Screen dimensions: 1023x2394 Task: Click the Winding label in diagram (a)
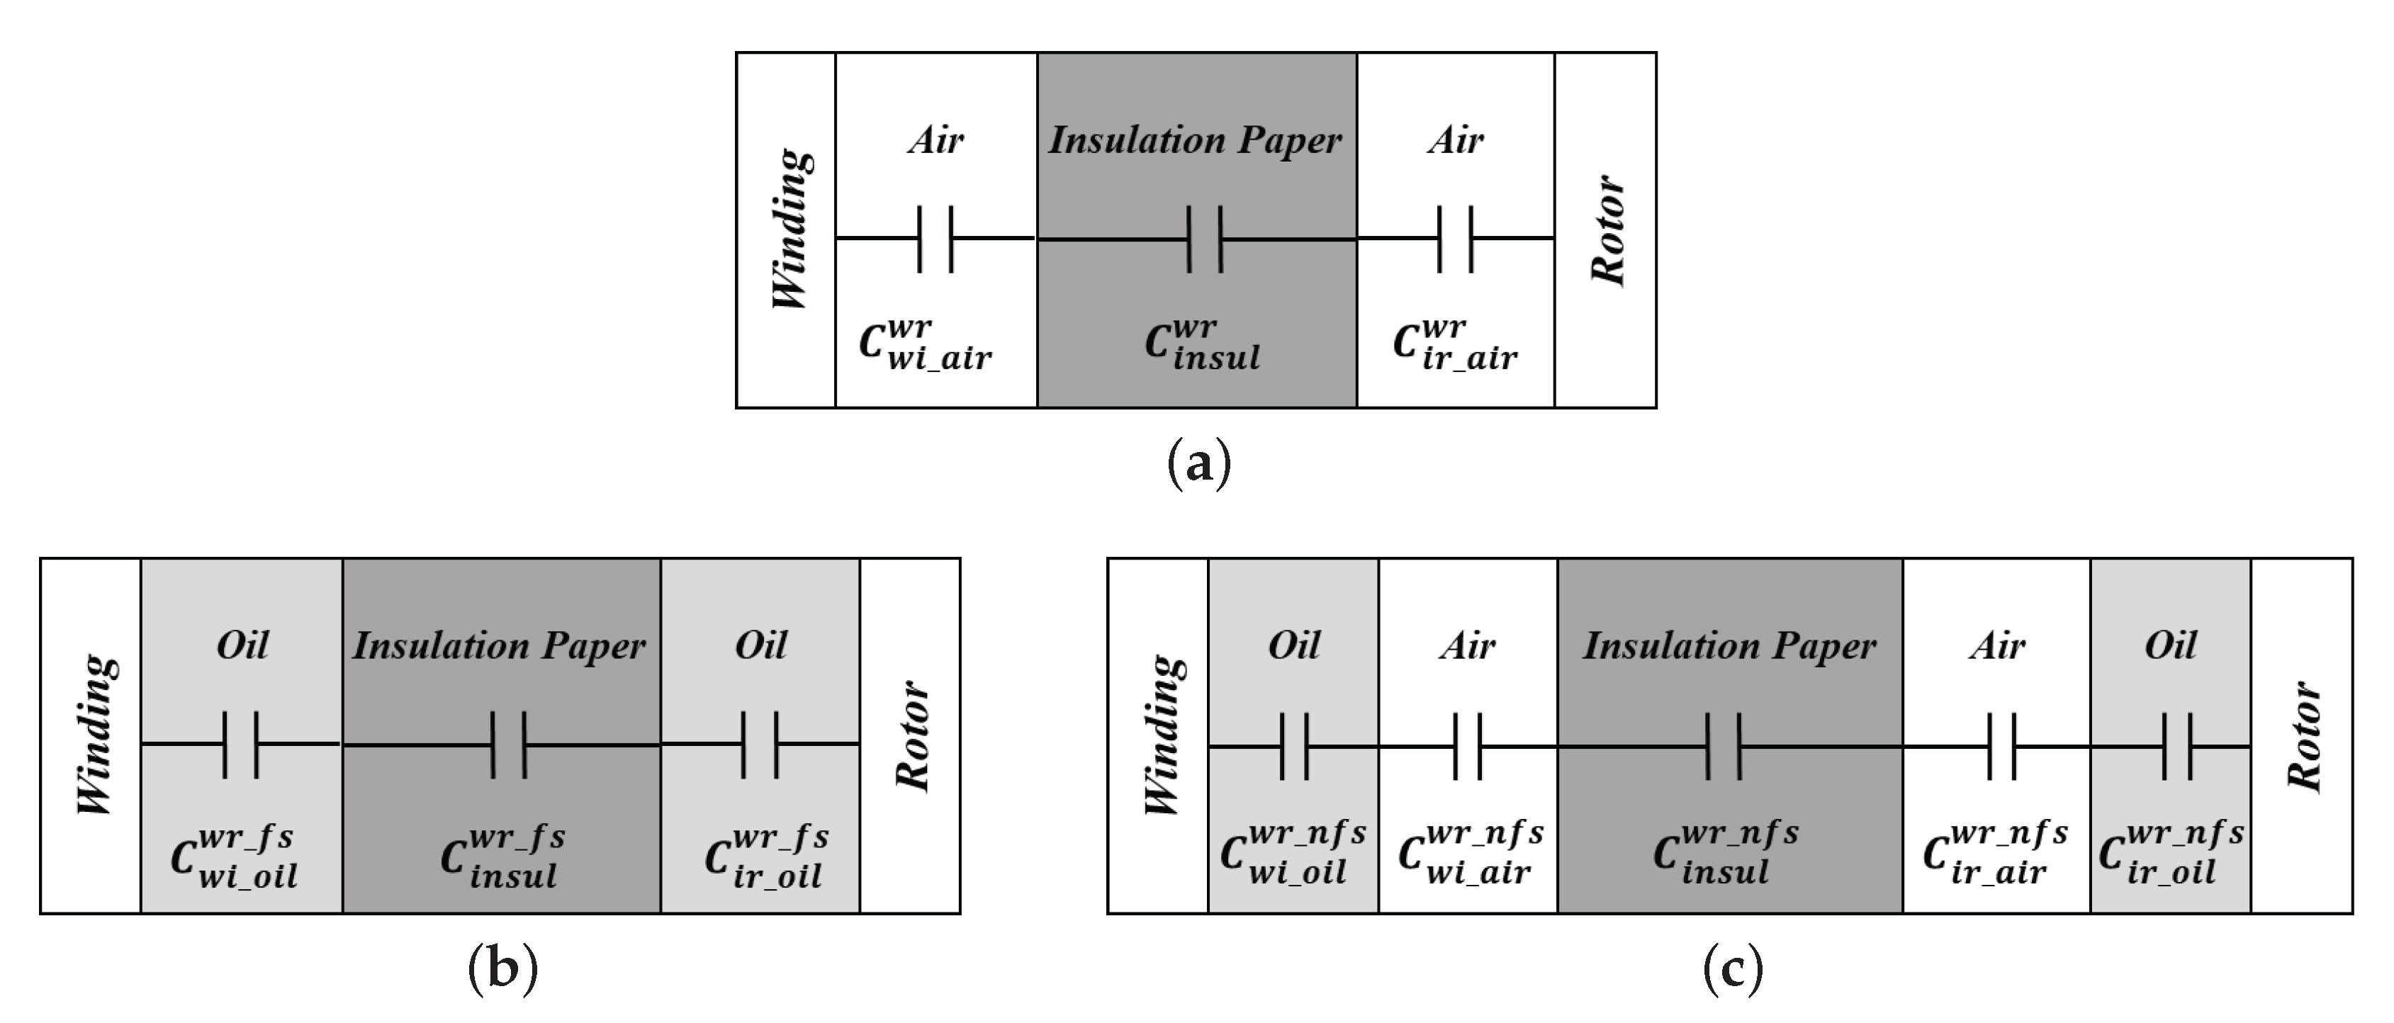(792, 229)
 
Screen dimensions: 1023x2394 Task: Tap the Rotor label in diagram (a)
(1607, 229)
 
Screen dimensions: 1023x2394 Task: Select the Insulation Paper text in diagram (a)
(1195, 140)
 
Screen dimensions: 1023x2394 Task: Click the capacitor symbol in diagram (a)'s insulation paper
(1204, 239)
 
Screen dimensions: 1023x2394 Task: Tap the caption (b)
(502, 969)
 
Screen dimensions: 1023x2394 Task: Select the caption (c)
(1732, 969)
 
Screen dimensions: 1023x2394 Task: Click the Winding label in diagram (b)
(96, 735)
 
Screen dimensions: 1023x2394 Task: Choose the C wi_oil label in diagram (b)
(234, 857)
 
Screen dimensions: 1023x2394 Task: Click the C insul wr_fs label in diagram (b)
(502, 857)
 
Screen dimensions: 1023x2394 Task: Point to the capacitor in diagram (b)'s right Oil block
(759, 745)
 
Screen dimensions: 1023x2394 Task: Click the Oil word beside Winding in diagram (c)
(1293, 645)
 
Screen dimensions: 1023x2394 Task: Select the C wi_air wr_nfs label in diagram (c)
(1471, 853)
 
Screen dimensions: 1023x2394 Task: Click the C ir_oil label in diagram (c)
(2171, 853)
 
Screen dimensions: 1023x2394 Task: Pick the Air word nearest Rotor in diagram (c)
(1996, 645)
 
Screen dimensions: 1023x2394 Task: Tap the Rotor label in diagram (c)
(2303, 735)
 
